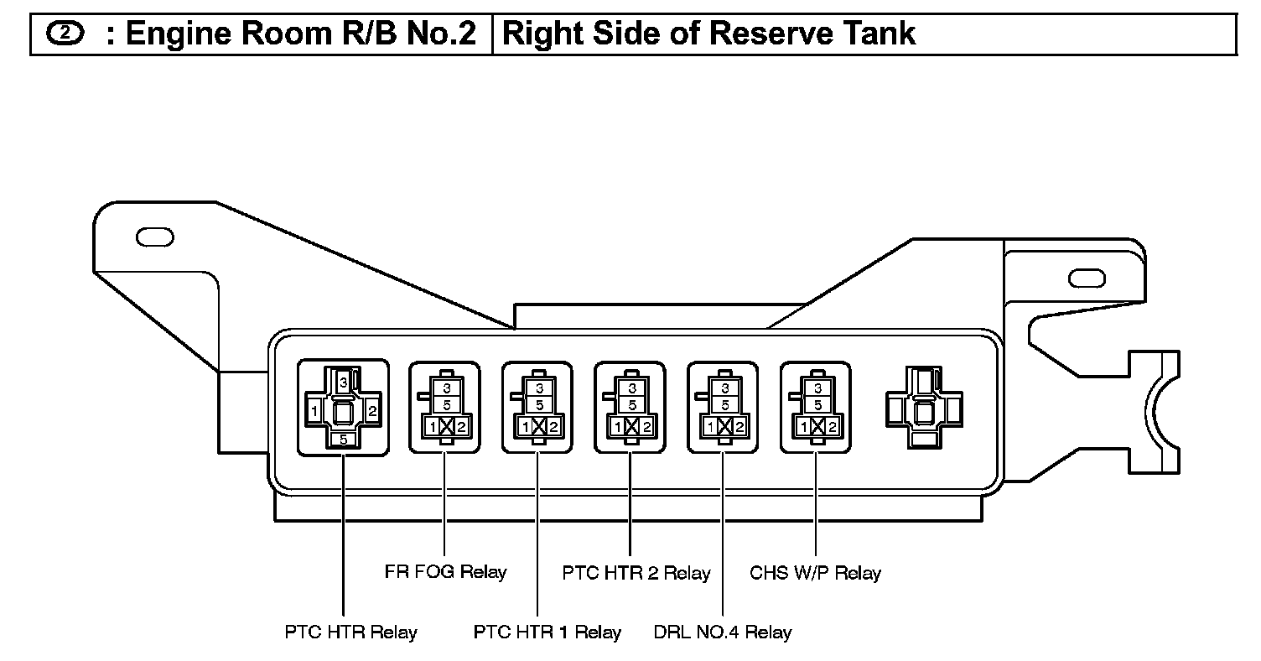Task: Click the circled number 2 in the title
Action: (x=65, y=34)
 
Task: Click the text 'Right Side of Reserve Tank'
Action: (x=708, y=34)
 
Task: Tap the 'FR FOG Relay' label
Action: (x=445, y=572)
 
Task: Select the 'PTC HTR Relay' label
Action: (x=350, y=632)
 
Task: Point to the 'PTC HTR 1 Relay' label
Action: (x=547, y=632)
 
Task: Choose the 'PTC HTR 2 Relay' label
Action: (x=636, y=573)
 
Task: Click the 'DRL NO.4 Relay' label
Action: (x=722, y=632)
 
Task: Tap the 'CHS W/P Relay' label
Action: (x=815, y=573)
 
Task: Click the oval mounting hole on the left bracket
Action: (x=155, y=237)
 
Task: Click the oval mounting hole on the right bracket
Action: (x=1087, y=278)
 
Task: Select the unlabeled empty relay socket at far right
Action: (x=924, y=408)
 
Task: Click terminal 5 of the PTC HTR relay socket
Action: (x=344, y=440)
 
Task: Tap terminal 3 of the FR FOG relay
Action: (x=447, y=388)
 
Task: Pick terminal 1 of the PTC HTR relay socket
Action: (x=314, y=411)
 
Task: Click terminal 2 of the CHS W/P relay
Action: (x=832, y=427)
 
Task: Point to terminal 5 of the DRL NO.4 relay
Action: (x=725, y=405)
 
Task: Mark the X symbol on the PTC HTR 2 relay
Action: (x=631, y=427)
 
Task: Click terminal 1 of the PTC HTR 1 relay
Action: (x=525, y=427)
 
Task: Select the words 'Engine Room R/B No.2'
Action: (x=301, y=34)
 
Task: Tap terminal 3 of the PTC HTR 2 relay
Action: (x=632, y=388)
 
